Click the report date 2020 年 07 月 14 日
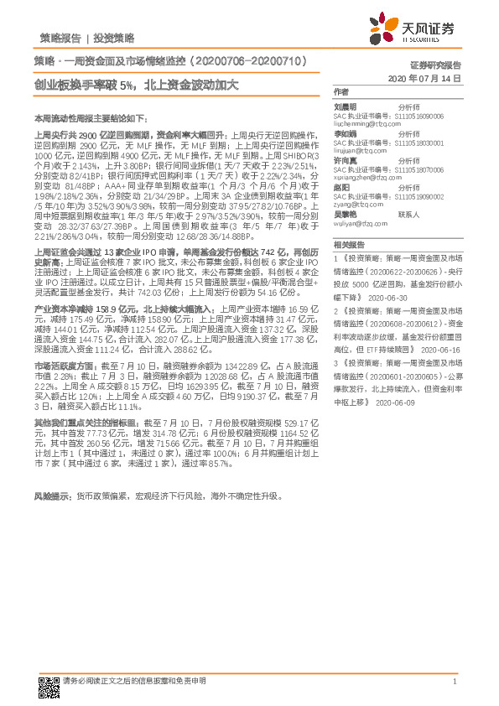tap(426, 77)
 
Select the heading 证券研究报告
tap(434, 64)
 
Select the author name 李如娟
tap(346, 132)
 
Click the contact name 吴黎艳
tap(346, 215)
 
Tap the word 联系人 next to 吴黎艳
tap(408, 215)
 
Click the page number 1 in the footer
tap(454, 682)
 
